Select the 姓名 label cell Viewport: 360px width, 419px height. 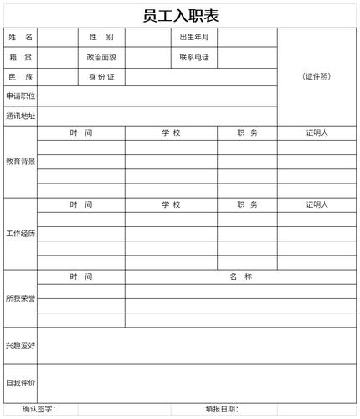(x=21, y=38)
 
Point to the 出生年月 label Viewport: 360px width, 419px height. (x=194, y=38)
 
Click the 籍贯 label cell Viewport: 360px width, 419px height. (x=21, y=58)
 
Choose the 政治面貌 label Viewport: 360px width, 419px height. (x=101, y=58)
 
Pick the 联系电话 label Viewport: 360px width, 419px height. (x=194, y=58)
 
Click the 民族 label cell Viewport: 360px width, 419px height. (x=21, y=77)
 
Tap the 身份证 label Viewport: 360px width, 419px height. (x=101, y=77)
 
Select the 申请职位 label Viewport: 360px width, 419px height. (x=21, y=96)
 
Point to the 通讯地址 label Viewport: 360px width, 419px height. (x=21, y=116)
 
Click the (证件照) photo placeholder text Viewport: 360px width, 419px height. (x=316, y=76)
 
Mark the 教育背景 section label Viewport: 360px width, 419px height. (x=21, y=161)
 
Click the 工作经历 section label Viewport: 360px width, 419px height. (x=21, y=233)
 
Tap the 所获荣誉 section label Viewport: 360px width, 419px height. (x=21, y=298)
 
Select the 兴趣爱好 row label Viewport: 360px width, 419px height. (x=21, y=344)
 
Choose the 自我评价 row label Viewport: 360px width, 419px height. (x=21, y=383)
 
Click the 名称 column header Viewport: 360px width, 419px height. (x=241, y=277)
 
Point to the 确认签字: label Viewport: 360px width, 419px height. (x=39, y=409)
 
